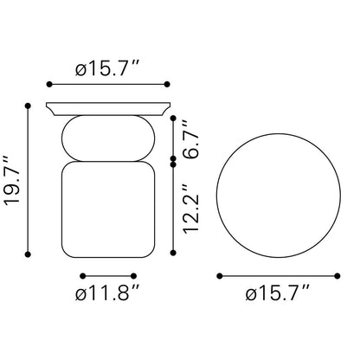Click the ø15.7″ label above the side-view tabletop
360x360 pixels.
(108, 69)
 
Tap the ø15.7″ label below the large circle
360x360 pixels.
(278, 294)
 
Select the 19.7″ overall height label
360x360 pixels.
(12, 181)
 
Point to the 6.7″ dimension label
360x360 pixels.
(191, 139)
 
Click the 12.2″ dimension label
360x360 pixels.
(191, 209)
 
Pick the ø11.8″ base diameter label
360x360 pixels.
(108, 294)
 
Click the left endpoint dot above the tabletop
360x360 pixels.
(49, 84)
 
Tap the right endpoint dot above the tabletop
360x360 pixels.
(167, 84)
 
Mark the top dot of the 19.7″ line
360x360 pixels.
(28, 106)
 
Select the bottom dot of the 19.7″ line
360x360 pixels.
(28, 254)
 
